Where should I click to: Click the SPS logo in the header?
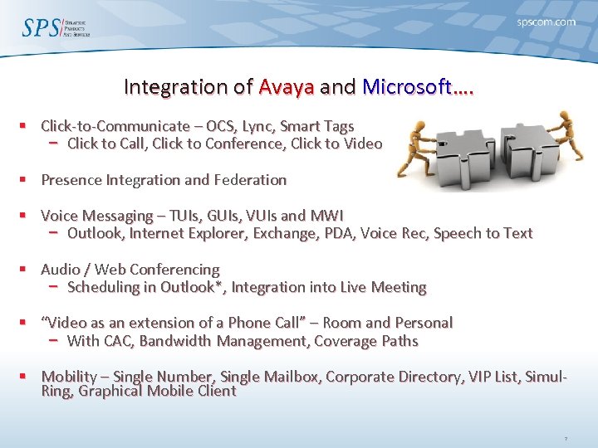coord(55,27)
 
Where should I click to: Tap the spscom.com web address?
coord(545,22)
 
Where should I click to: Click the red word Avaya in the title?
coord(286,86)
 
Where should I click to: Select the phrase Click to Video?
coord(341,144)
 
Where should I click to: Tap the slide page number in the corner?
coord(565,437)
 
